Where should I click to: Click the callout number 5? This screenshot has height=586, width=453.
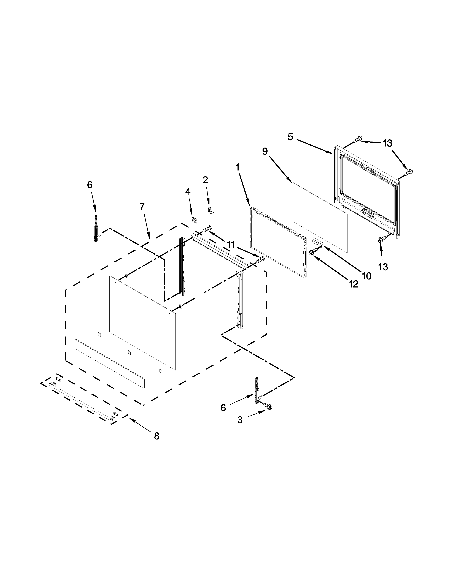(x=290, y=137)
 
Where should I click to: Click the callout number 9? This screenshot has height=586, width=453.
(x=265, y=151)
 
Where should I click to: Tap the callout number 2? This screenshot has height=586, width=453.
(x=205, y=180)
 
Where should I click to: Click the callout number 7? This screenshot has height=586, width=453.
(x=142, y=207)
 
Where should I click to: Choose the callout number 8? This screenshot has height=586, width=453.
(x=157, y=436)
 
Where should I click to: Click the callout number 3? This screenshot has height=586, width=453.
(x=240, y=420)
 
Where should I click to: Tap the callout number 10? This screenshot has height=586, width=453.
(x=367, y=276)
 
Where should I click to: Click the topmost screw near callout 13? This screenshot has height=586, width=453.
(x=358, y=139)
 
